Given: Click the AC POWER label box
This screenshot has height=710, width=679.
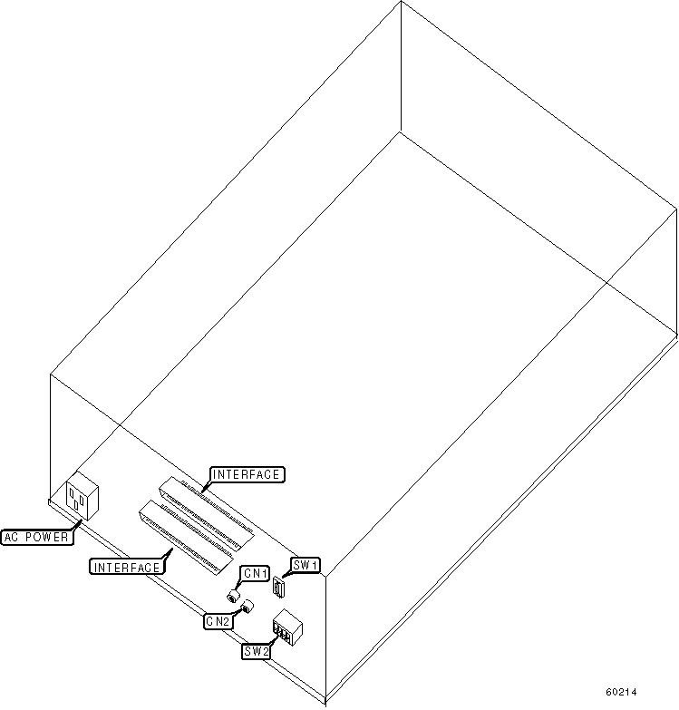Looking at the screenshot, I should click(37, 537).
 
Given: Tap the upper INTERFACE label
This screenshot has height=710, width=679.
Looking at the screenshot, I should click(247, 474).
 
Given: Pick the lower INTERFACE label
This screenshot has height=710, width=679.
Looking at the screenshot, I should click(127, 567).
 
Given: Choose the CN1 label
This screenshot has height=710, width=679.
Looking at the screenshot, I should click(255, 573).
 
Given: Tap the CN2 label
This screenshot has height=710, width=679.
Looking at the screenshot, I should click(218, 621).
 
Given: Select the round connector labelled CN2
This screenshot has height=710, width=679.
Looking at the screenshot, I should click(247, 608).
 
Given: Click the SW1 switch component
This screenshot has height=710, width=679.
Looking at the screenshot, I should click(279, 588).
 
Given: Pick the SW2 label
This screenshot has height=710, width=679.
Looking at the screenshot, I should click(255, 650).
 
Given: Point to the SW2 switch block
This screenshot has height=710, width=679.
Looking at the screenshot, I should click(286, 628).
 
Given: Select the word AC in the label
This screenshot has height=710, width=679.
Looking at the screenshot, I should click(14, 537).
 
